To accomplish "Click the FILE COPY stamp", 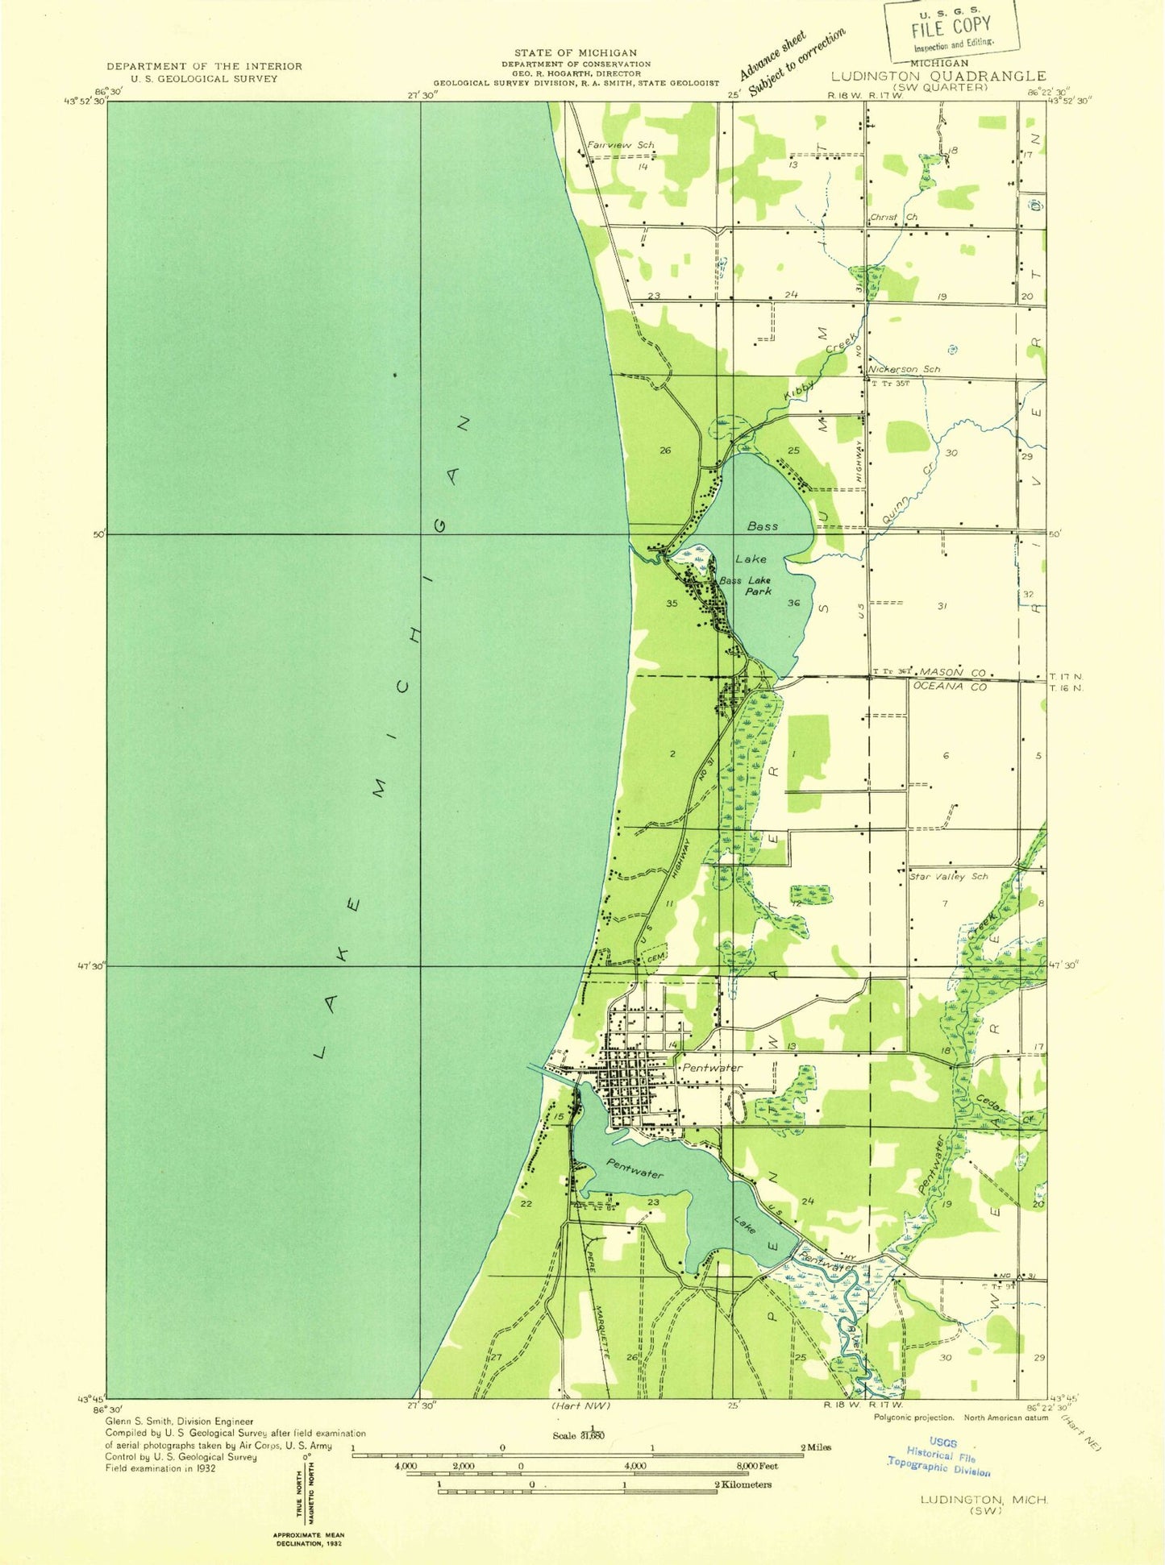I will coord(952,29).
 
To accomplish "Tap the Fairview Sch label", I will coord(620,145).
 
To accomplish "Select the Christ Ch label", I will coord(893,218).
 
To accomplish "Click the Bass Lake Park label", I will coord(745,585).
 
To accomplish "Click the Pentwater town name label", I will coord(712,1067).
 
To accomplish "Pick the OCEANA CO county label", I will coord(950,687).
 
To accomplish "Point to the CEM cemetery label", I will coord(655,957).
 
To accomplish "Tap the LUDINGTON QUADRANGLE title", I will coord(938,76).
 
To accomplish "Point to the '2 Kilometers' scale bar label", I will coord(742,1484).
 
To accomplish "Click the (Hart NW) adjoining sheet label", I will coord(580,1405).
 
